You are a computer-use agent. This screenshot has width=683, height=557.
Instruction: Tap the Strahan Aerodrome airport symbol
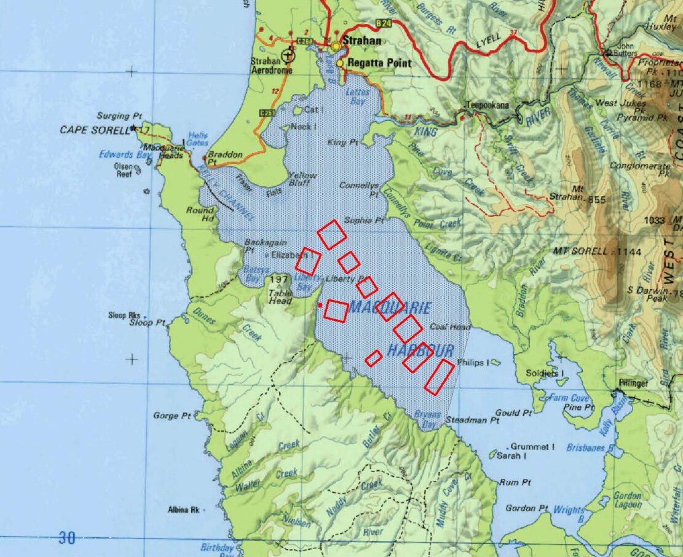click(287, 57)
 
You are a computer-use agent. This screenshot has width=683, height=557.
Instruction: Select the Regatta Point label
click(379, 63)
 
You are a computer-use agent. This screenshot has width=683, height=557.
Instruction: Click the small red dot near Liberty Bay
click(320, 305)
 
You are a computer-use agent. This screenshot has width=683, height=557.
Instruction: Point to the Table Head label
click(280, 297)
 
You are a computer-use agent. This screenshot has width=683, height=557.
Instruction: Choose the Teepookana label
click(488, 105)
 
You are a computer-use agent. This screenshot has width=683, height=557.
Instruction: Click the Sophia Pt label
click(364, 220)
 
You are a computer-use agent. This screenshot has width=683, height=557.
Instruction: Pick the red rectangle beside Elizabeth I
click(308, 261)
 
